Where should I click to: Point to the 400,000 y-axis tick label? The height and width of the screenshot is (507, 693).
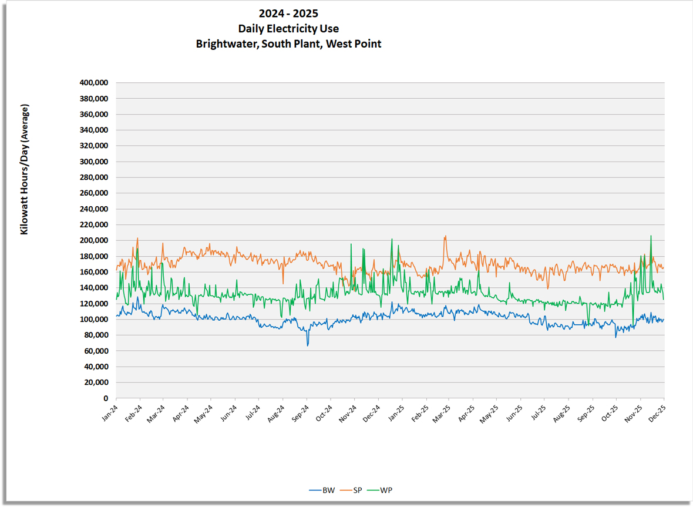point(93,83)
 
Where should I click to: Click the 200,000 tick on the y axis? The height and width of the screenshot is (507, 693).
point(93,240)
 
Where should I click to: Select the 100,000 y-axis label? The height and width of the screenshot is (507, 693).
point(93,319)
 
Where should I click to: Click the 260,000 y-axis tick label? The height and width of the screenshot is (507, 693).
point(93,193)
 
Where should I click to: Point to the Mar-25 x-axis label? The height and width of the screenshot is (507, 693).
point(440,414)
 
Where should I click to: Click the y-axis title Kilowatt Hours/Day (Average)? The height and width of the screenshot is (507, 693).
point(25,170)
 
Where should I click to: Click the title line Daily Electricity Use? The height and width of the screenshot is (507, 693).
point(288,29)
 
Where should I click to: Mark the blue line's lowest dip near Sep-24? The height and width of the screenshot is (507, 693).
point(307,345)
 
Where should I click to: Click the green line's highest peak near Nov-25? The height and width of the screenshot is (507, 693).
point(651,236)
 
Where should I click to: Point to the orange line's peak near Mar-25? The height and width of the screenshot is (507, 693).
point(445,236)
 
